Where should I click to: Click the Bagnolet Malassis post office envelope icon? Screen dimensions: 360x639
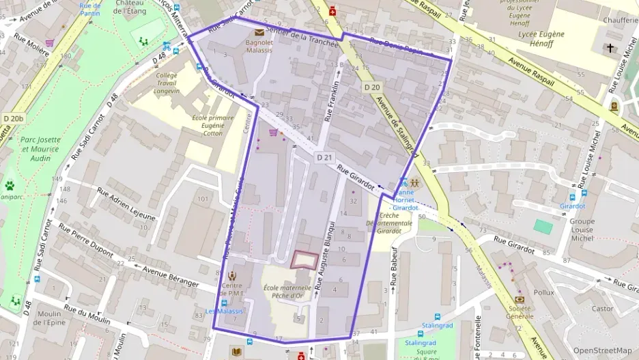coord(259,31)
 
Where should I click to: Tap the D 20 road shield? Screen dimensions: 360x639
coord(371,87)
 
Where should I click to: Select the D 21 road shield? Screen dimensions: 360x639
coord(324,157)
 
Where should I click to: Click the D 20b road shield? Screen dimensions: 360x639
coord(13,118)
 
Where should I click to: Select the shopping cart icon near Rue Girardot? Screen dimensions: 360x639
coord(274,132)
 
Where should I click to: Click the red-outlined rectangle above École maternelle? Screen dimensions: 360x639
coord(304,260)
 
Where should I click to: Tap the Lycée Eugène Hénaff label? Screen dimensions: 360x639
coord(541,39)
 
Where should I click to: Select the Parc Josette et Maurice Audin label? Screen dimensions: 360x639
coord(40,149)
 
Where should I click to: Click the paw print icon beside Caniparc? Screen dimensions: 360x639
coord(10,185)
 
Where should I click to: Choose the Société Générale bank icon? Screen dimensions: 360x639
coord(520,299)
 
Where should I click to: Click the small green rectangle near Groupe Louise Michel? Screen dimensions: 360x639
coord(543,226)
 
